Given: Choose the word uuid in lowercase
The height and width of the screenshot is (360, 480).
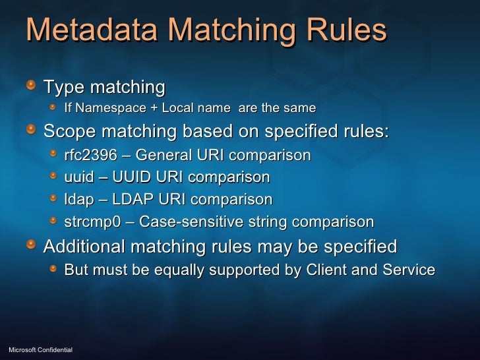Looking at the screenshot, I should pos(78,178).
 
